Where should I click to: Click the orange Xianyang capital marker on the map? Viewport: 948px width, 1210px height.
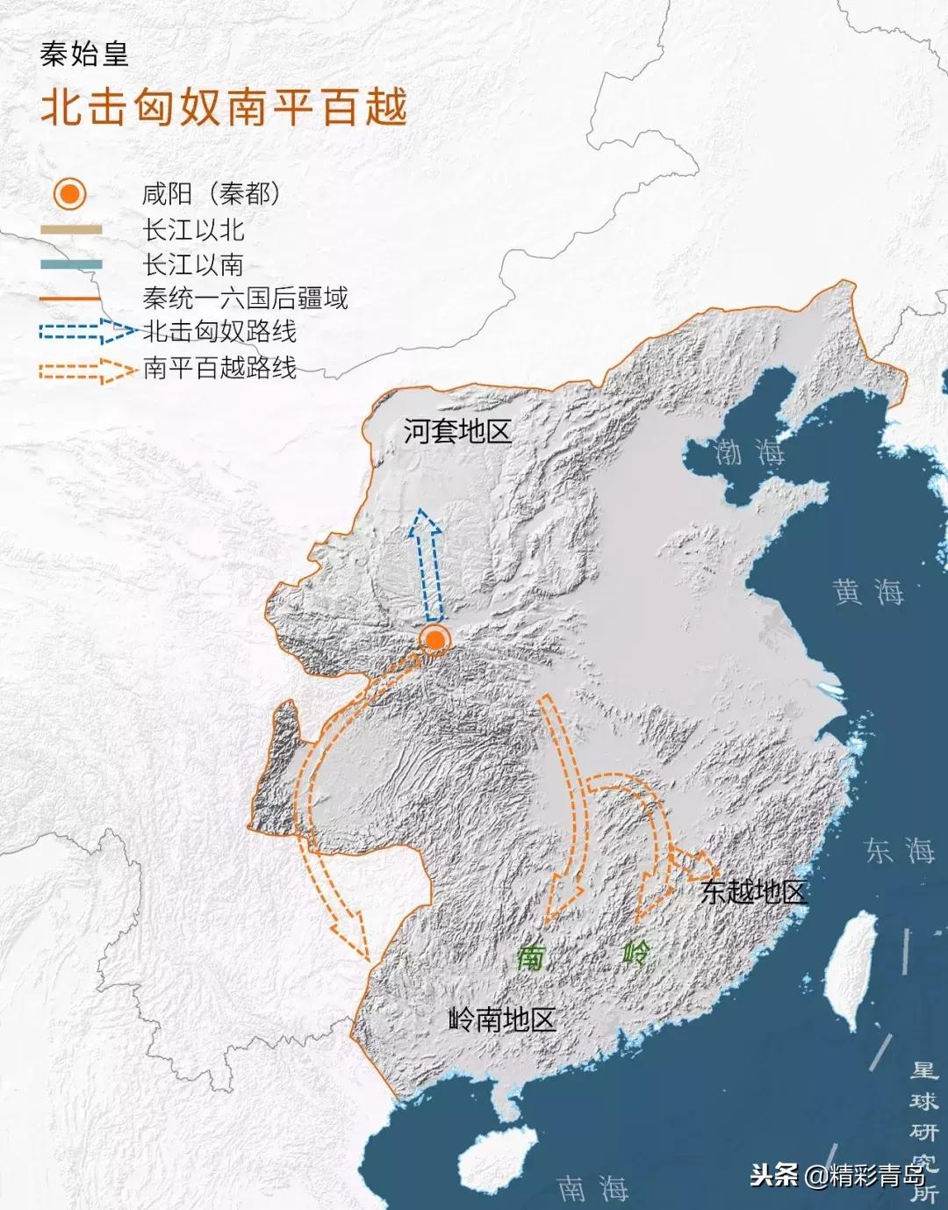[x=434, y=640]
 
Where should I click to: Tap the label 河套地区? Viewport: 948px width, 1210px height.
[x=456, y=431]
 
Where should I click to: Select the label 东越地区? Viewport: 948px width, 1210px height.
[x=753, y=892]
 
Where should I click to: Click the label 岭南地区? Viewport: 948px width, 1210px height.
[x=502, y=1019]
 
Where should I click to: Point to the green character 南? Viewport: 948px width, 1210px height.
[x=531, y=956]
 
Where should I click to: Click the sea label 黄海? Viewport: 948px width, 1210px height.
[x=868, y=592]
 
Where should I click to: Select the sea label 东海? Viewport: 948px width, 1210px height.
[x=900, y=850]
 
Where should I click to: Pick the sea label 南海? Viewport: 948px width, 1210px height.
[x=593, y=1188]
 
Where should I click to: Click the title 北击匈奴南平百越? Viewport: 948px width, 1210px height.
[x=225, y=108]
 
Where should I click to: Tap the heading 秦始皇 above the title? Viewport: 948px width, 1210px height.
[x=84, y=54]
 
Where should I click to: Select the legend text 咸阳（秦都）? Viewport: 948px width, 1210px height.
[x=212, y=194]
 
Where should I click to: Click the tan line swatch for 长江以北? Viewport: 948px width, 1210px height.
[x=71, y=230]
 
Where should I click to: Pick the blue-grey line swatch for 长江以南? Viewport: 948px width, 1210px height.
[x=71, y=264]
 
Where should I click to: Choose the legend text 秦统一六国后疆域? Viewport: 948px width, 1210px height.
[x=245, y=299]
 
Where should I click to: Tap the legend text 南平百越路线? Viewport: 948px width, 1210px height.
[x=219, y=367]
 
